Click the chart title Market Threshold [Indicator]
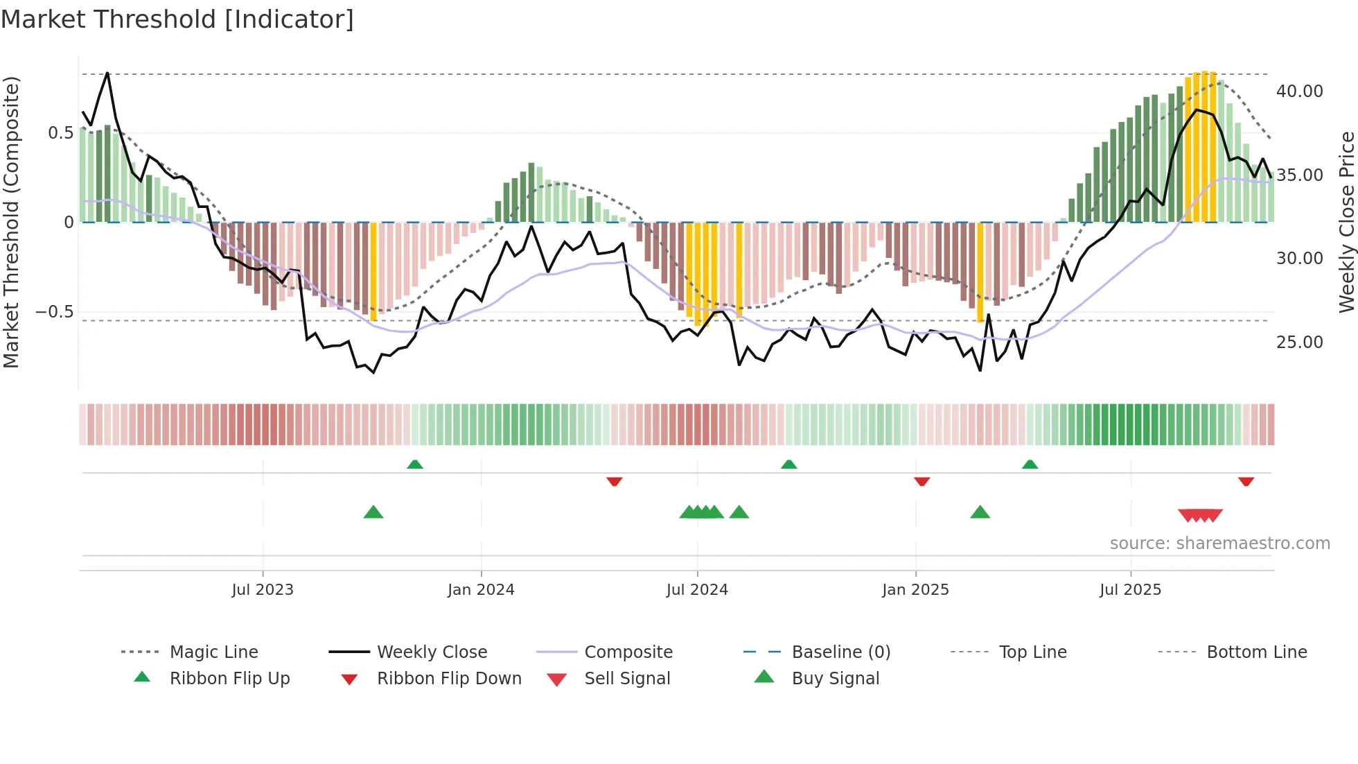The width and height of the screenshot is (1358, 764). [x=177, y=19]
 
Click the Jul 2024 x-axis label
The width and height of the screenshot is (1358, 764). [x=697, y=590]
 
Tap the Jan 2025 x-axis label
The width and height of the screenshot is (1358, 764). [x=915, y=590]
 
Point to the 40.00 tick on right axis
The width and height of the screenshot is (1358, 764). [x=1299, y=92]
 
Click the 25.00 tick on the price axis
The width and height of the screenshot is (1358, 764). [x=1299, y=342]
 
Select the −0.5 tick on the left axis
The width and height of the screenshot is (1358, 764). [x=54, y=312]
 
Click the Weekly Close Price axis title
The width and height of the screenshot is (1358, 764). [x=1346, y=222]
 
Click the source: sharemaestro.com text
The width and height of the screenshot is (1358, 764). [x=1219, y=544]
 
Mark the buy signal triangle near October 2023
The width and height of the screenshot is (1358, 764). [x=373, y=512]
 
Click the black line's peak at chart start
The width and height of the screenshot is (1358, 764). [x=107, y=73]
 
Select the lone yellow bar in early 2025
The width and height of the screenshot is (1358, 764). [x=980, y=272]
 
